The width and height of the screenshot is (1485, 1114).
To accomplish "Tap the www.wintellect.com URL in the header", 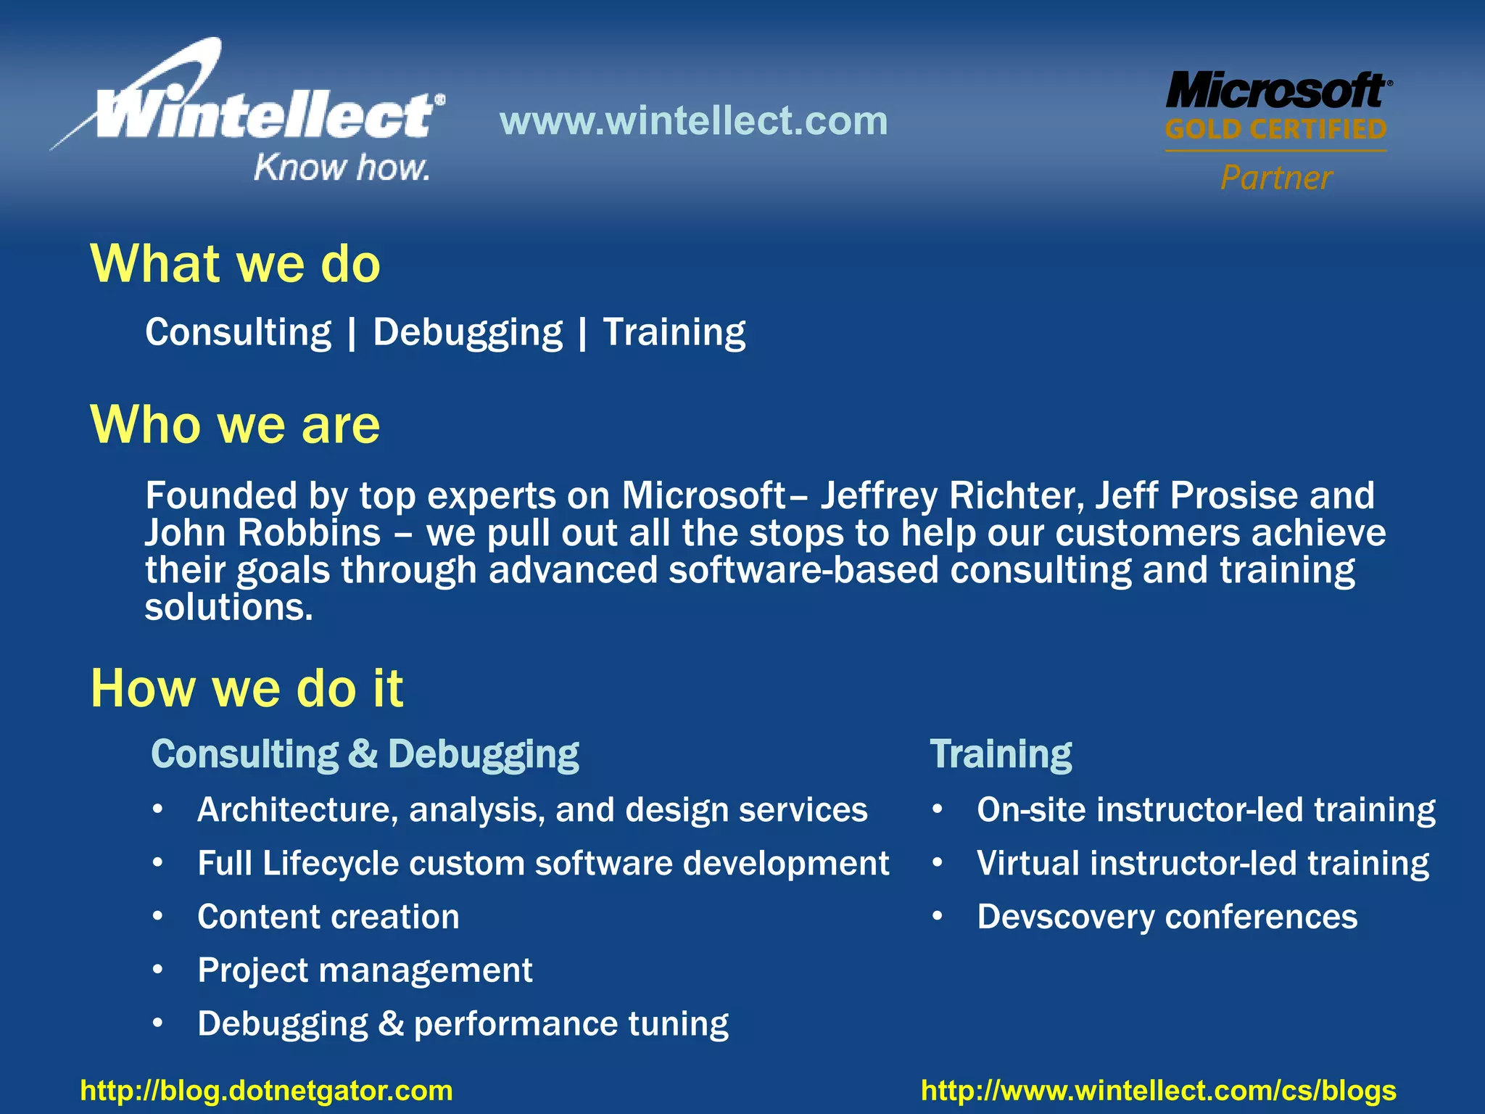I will pos(693,120).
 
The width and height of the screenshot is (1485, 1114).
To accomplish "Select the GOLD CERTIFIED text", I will pos(1276,130).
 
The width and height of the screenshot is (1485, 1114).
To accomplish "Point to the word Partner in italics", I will pos(1276,178).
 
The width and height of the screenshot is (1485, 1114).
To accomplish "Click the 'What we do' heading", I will pos(235,263).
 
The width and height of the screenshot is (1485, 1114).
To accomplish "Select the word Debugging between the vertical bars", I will pos(467,333).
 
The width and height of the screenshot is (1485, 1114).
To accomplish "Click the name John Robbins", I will pos(262,533).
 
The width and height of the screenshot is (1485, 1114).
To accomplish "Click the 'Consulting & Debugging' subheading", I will pos(365,754).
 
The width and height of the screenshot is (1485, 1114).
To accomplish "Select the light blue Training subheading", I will pos(1001,754).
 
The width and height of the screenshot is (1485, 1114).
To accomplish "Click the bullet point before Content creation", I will pos(158,917).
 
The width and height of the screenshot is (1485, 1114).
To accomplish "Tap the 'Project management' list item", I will pos(365,970).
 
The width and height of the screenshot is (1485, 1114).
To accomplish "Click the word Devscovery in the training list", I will pos(1064,917).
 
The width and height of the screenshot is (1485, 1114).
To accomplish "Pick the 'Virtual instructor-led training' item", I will pos(1202,864).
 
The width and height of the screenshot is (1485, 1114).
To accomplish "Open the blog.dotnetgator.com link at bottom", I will pos(266,1091).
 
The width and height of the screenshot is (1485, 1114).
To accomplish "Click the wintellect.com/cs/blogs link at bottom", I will pos(1158,1091).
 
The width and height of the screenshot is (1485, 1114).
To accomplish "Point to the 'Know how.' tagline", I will pos(341,168).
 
